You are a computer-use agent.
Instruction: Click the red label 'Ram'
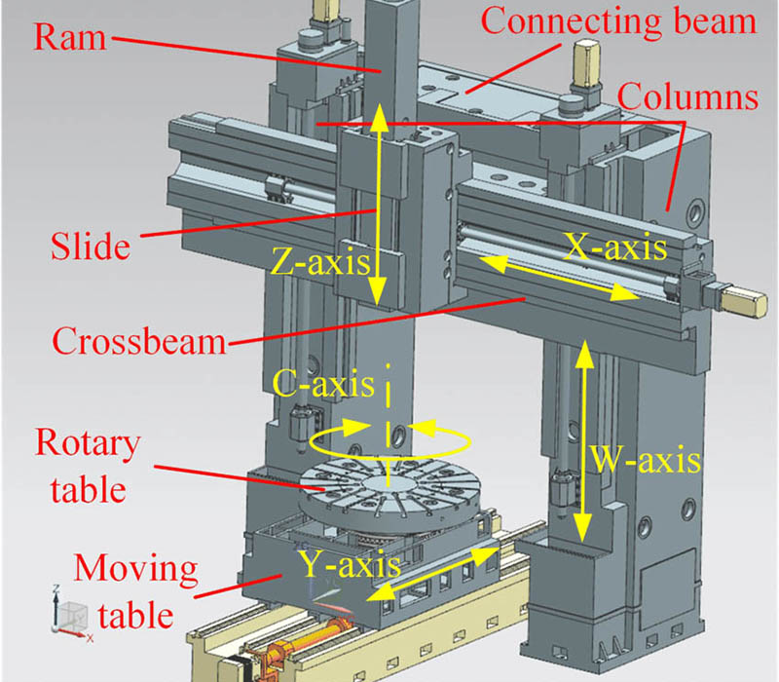[x=60, y=37]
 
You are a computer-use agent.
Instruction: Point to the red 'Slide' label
[x=89, y=245]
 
